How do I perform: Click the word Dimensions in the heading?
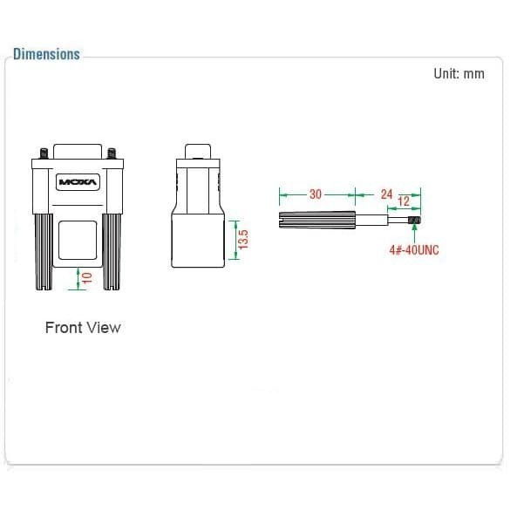tap(46, 54)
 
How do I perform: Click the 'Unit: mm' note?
tap(458, 74)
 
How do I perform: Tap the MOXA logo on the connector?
tap(77, 182)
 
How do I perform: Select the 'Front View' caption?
tap(83, 328)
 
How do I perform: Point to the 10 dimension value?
tap(85, 277)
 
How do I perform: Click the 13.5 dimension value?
tap(243, 240)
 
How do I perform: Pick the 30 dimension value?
tap(316, 194)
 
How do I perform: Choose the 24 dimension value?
tap(387, 194)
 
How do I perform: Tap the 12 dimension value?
tap(403, 201)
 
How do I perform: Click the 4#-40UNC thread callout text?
tap(414, 250)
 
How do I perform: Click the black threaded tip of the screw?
tap(415, 224)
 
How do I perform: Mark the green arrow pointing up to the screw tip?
tap(414, 236)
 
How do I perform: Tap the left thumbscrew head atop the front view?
tap(42, 153)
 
